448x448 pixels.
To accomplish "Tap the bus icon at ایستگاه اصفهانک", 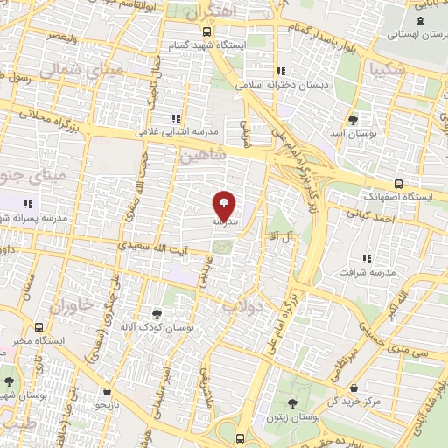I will click(399, 183).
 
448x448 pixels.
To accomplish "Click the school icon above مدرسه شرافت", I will click(366, 258).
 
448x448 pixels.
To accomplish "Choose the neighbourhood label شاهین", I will click(203, 155).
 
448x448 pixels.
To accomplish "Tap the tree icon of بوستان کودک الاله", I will click(157, 312).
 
